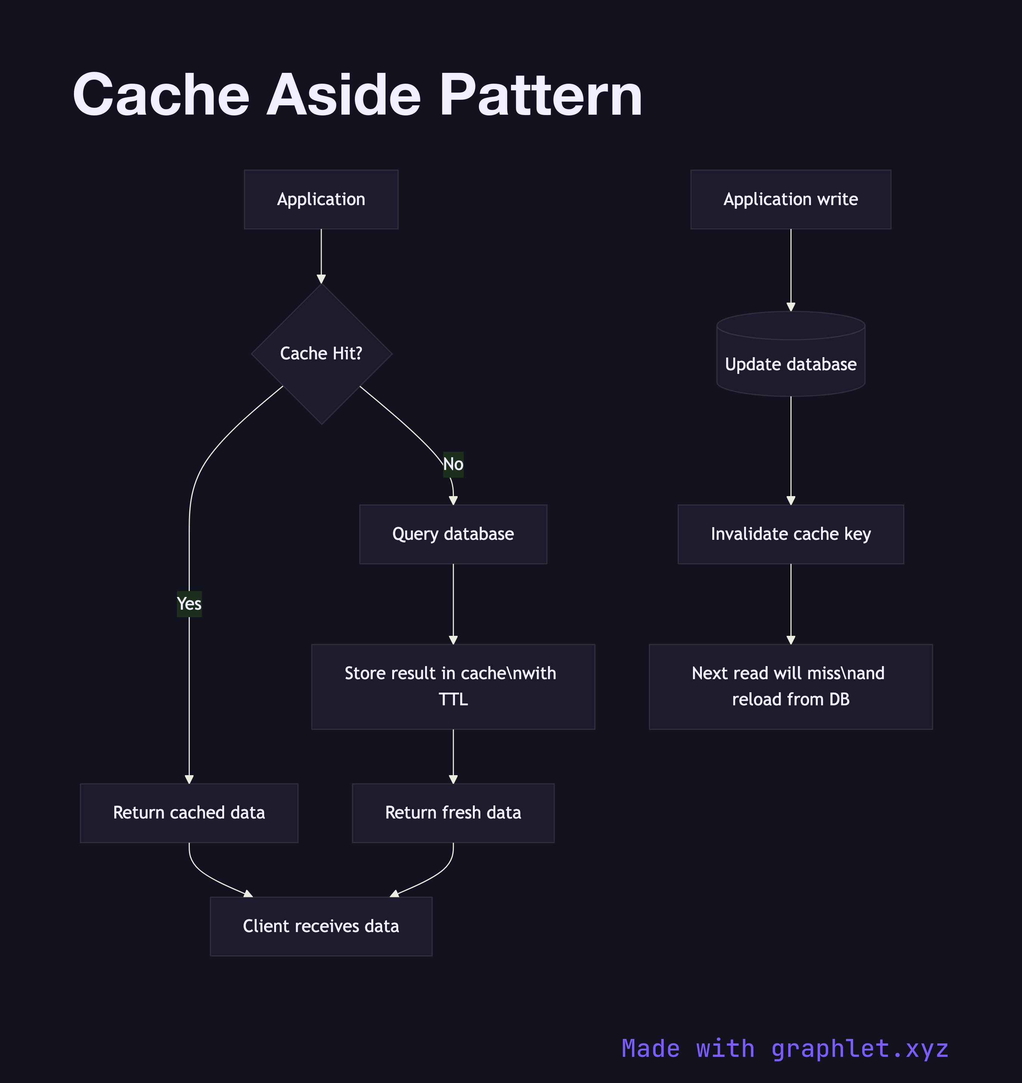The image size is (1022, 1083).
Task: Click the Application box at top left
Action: point(321,199)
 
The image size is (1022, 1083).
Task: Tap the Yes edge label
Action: point(189,604)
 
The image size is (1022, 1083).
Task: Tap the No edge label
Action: point(453,464)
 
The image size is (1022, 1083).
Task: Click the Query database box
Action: point(453,534)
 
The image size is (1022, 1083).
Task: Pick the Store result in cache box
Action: point(453,686)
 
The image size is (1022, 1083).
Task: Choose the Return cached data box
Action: point(189,813)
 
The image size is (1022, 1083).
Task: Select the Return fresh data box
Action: point(453,813)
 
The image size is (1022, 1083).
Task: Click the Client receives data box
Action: point(321,926)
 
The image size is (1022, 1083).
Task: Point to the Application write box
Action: point(790,199)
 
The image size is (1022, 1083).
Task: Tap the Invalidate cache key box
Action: point(790,534)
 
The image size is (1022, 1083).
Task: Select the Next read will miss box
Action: point(790,686)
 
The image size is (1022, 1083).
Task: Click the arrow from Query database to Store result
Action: point(453,602)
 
